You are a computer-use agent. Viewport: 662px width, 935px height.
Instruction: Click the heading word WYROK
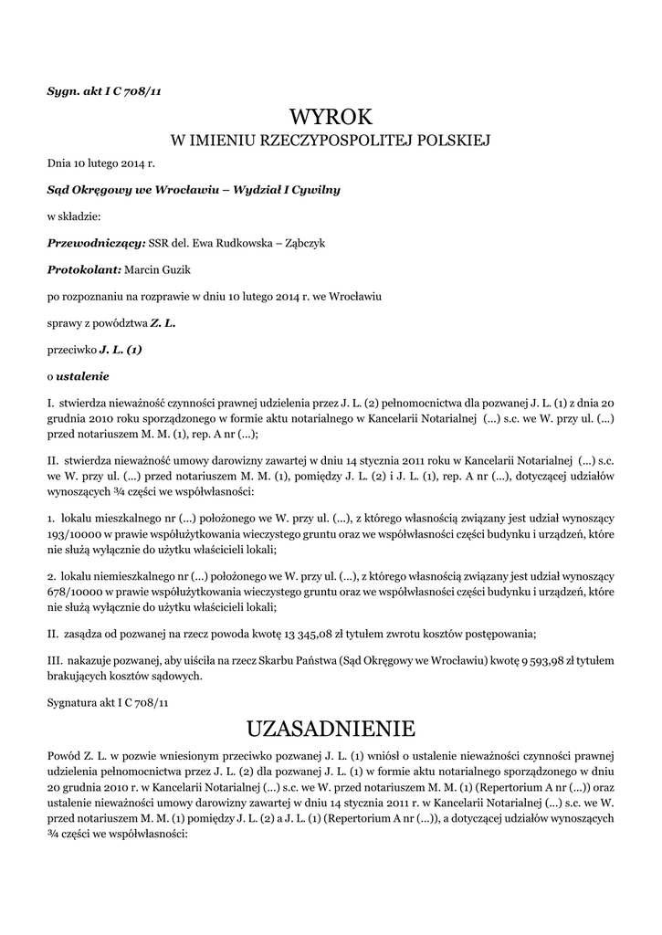pyautogui.click(x=331, y=117)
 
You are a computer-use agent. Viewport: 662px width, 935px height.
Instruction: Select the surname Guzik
pyautogui.click(x=175, y=269)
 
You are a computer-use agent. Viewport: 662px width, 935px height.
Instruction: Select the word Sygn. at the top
pyautogui.click(x=65, y=89)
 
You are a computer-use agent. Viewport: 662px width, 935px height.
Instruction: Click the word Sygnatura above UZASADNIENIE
pyautogui.click(x=76, y=703)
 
